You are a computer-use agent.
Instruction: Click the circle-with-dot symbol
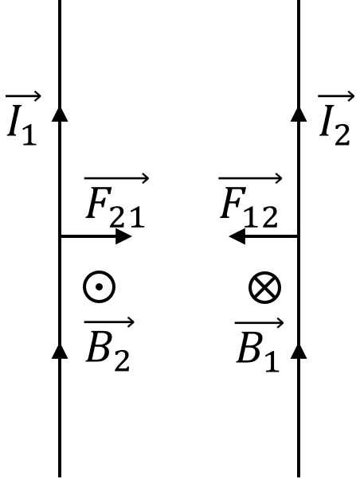[99, 287]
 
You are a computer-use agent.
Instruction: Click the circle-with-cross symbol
[264, 287]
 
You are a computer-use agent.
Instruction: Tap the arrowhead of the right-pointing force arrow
[123, 236]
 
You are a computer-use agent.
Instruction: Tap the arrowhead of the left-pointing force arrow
[237, 236]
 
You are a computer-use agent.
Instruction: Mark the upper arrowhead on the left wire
[60, 115]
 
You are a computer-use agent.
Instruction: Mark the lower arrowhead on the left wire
[60, 352]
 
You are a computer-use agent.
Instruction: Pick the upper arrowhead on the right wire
[299, 115]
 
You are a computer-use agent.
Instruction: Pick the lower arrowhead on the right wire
[299, 352]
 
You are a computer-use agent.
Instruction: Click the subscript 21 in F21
[127, 217]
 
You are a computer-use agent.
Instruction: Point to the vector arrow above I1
[23, 96]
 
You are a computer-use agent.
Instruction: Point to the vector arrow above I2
[336, 96]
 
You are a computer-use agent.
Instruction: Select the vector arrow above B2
[109, 322]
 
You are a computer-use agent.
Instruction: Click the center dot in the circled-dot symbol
[99, 287]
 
